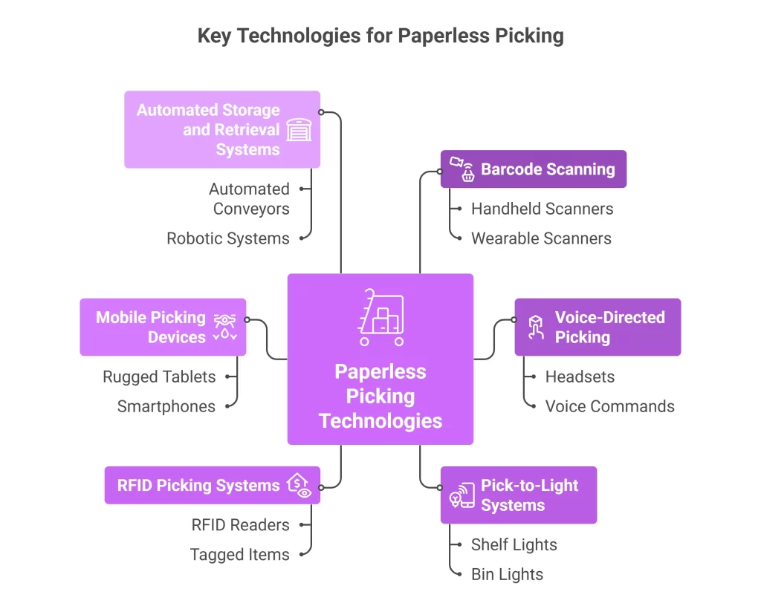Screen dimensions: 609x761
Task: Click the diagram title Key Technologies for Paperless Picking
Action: [x=380, y=36]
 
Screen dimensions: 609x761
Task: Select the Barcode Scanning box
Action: [x=534, y=169]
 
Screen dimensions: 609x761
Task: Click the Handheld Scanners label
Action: [x=542, y=209]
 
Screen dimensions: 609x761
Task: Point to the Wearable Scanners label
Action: [x=541, y=238]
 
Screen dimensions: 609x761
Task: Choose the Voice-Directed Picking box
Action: [x=598, y=328]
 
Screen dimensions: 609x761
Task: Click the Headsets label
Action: [x=580, y=377]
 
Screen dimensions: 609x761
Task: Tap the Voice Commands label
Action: [x=609, y=406]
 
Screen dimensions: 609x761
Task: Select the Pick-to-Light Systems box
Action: [x=519, y=495]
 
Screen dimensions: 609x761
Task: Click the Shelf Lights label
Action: [x=514, y=544]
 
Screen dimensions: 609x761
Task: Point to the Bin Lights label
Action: [x=507, y=574]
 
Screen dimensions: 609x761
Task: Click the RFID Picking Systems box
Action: [x=213, y=486]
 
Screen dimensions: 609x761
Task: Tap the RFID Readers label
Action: [x=240, y=525]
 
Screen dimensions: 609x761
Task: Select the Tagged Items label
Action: [x=239, y=555]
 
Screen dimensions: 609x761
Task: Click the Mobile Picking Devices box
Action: [x=163, y=328]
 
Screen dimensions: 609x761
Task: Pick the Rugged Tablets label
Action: [x=159, y=377]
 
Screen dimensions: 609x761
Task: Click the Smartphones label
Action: [x=166, y=406]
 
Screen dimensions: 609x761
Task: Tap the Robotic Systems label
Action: [x=227, y=238]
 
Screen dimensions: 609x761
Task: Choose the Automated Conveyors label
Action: [x=250, y=199]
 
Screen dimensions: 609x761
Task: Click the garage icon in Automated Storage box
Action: [x=299, y=130]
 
